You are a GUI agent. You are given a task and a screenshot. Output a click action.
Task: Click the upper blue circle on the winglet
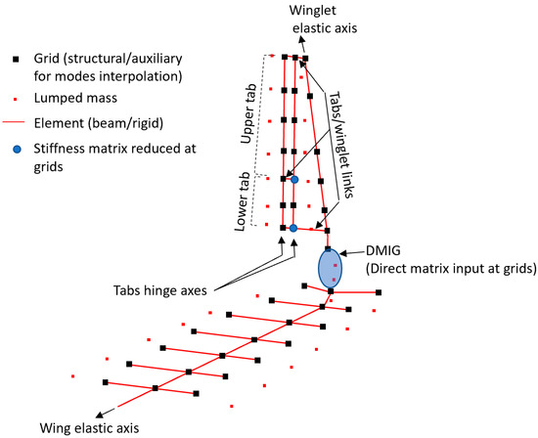(292, 179)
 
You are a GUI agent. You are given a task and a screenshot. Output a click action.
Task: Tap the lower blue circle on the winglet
(292, 228)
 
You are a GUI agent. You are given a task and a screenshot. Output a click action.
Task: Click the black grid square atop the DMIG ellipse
(329, 250)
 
